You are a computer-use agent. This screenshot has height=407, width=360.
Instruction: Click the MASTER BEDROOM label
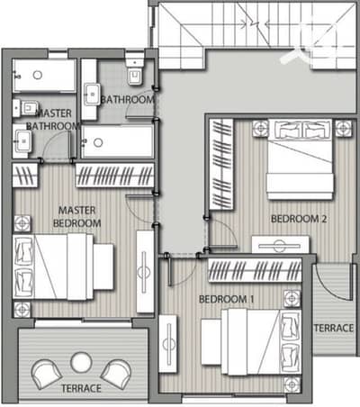pyautogui.click(x=76, y=217)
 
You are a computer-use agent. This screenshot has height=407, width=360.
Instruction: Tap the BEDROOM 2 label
pyautogui.click(x=299, y=219)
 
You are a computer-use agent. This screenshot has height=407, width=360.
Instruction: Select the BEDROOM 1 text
pyautogui.click(x=226, y=299)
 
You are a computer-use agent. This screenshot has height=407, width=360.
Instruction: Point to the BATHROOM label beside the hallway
pyautogui.click(x=128, y=100)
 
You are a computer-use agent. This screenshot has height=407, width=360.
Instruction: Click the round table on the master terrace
pyautogui.click(x=81, y=362)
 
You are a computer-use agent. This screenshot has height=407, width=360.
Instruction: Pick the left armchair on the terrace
pyautogui.click(x=47, y=375)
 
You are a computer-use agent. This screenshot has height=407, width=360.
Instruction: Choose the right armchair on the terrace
pyautogui.click(x=116, y=375)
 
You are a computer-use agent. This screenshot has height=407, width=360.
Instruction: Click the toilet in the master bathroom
pyautogui.click(x=26, y=108)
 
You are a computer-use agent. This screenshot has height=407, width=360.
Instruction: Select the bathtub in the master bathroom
pyautogui.click(x=44, y=76)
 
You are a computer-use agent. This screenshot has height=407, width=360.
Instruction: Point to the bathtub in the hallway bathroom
pyautogui.click(x=117, y=142)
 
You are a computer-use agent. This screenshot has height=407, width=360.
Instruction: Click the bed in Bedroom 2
pyautogui.click(x=300, y=159)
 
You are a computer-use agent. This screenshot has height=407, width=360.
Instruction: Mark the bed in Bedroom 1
pyautogui.click(x=260, y=342)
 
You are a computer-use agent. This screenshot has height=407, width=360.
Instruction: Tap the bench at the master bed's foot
pyautogui.click(x=103, y=267)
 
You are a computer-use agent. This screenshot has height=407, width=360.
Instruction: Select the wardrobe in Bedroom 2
pyautogui.click(x=221, y=165)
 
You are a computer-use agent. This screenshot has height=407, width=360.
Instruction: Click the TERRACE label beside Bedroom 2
pyautogui.click(x=334, y=328)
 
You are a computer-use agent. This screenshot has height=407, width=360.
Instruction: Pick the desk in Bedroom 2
pyautogui.click(x=281, y=244)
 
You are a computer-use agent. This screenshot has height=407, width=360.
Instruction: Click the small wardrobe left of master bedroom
pyautogui.click(x=25, y=176)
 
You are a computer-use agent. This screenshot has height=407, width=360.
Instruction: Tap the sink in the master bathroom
pyautogui.click(x=23, y=141)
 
